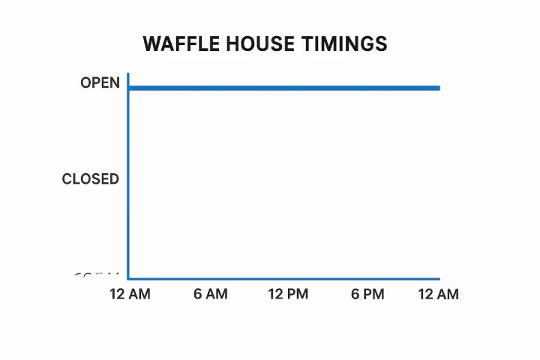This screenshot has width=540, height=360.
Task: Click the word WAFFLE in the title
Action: coord(176,44)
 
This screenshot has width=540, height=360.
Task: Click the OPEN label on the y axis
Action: coord(100,83)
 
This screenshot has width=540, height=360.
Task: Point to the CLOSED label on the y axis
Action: coord(90,179)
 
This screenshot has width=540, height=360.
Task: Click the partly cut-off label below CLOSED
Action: coord(97,276)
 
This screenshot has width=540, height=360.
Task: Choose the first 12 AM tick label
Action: coord(130,294)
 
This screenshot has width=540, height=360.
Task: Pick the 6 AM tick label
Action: coord(210,294)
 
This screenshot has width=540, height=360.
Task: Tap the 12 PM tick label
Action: coord(288,294)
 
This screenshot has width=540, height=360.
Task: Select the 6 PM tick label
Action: coord(367,294)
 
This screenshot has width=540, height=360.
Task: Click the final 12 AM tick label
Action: coord(438,294)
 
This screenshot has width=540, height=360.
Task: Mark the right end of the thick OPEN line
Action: coord(439,88)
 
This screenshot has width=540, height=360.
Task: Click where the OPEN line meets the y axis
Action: coord(129,88)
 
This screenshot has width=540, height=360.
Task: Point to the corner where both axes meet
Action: coord(129,278)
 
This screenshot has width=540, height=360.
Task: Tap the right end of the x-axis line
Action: coord(439,278)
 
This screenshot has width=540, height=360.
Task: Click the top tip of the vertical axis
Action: coord(129,74)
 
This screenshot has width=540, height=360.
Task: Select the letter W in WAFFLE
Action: coord(151,44)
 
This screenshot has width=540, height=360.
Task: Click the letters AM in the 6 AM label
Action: coord(217,294)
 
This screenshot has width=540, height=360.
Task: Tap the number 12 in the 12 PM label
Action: coord(276,294)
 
